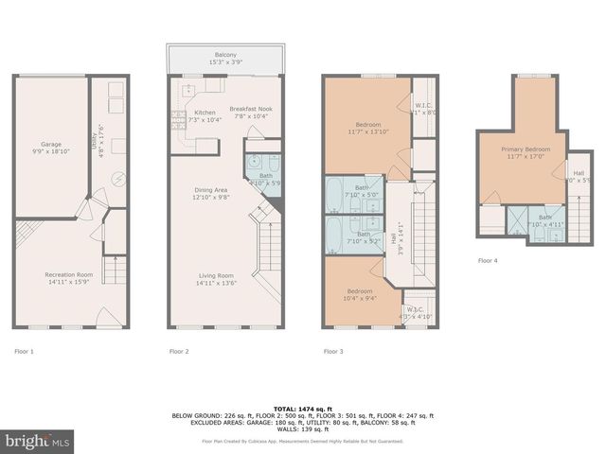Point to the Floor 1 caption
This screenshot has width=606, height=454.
pos(24,351)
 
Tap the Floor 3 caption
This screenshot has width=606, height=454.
pos(333,351)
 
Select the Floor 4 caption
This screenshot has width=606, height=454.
pos(487,260)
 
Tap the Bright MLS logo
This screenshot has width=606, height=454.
pos(38,441)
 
